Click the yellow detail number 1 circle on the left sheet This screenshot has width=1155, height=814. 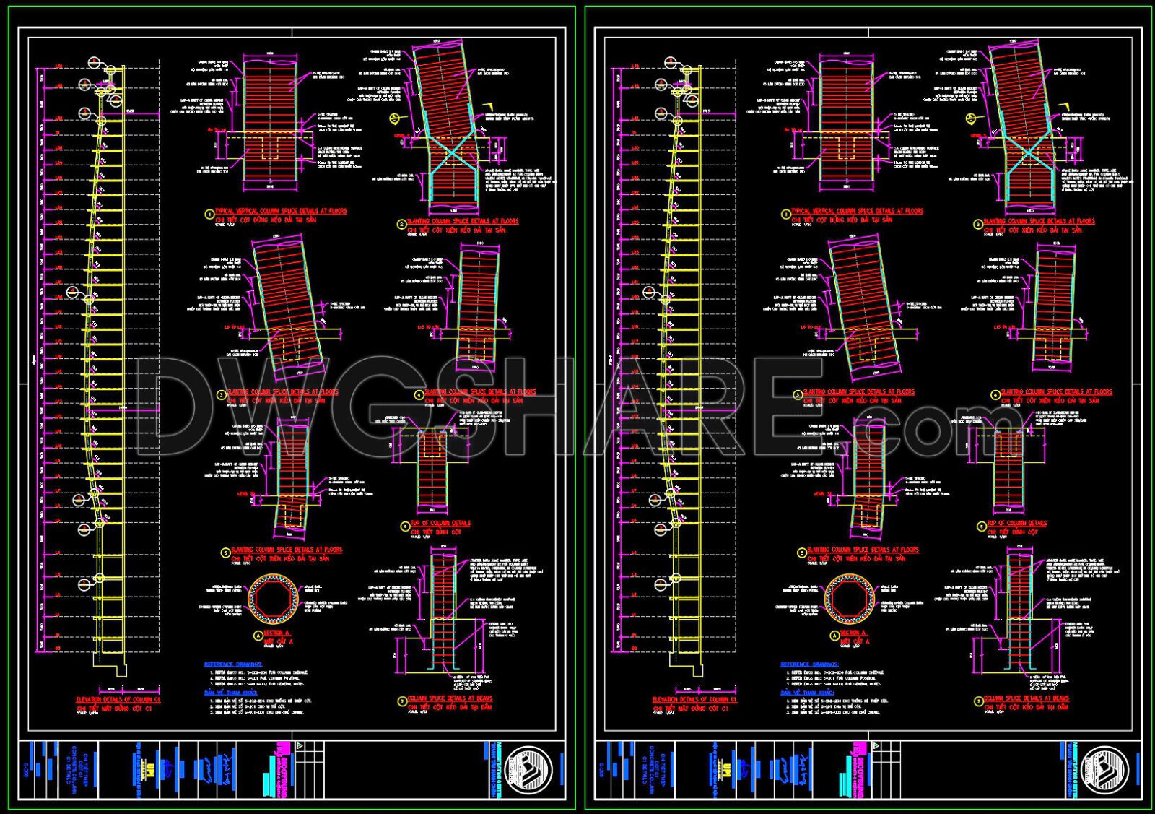(209, 215)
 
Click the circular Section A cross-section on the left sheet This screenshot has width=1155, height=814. (274, 599)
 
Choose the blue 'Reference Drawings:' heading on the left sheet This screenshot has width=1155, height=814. (233, 664)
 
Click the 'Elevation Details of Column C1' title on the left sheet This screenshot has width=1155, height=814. (118, 700)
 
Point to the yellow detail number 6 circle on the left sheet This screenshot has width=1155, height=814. (405, 527)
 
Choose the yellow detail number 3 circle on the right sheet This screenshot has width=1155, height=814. (797, 395)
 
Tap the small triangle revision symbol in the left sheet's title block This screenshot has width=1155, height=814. (300, 747)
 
